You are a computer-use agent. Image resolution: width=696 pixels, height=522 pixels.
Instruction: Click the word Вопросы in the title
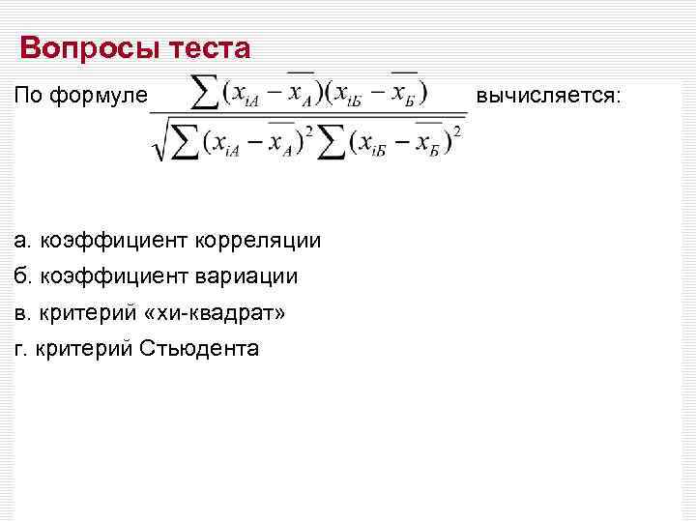pyautogui.click(x=76, y=47)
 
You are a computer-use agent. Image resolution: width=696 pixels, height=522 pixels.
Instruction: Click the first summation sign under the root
pyautogui.click(x=188, y=141)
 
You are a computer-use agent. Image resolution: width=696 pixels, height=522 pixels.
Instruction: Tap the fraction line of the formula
pyautogui.click(x=307, y=115)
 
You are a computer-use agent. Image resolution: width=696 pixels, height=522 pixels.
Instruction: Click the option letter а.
pyautogui.click(x=22, y=240)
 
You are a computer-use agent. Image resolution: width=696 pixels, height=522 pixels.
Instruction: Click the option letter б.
pyautogui.click(x=22, y=276)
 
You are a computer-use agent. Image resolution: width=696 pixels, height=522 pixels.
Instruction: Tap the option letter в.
pyautogui.click(x=22, y=312)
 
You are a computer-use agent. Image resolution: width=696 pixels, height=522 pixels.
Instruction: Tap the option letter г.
pyautogui.click(x=21, y=348)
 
